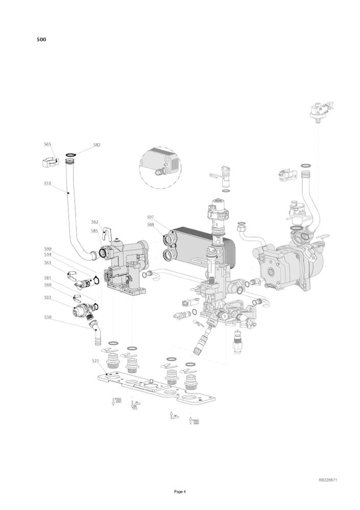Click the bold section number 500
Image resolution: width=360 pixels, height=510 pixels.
click(x=41, y=40)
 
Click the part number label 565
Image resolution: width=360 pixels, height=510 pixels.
click(x=47, y=144)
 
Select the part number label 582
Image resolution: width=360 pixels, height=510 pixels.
click(x=97, y=145)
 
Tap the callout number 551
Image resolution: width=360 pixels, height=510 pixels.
click(x=47, y=183)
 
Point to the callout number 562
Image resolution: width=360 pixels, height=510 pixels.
click(x=94, y=222)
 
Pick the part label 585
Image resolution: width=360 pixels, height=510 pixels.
click(x=94, y=231)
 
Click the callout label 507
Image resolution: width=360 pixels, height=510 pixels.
click(x=150, y=217)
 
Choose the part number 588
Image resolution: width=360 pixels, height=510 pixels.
click(x=150, y=224)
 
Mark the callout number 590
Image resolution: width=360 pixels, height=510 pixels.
click(x=47, y=249)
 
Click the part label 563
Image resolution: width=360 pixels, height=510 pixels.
click(x=47, y=263)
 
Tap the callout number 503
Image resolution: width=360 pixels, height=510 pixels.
click(x=47, y=297)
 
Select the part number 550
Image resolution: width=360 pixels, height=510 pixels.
click(x=47, y=317)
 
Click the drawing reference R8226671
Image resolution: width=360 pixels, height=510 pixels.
click(x=328, y=480)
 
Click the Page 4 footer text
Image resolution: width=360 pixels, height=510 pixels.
click(x=180, y=492)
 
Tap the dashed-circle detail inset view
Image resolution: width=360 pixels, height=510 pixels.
click(x=160, y=168)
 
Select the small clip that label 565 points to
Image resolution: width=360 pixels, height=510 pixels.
click(x=50, y=162)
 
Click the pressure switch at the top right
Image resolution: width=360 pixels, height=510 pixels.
click(x=322, y=111)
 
